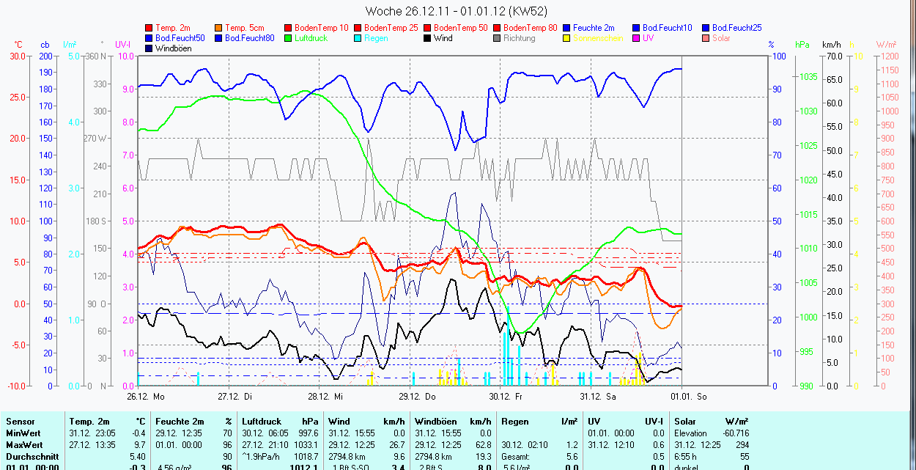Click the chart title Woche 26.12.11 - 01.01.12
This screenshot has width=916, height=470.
tap(456, 11)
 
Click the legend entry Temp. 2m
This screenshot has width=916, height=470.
tap(173, 28)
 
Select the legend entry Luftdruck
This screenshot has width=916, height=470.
tap(310, 38)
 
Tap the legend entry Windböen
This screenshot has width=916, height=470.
tap(173, 48)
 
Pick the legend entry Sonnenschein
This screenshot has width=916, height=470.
tap(598, 38)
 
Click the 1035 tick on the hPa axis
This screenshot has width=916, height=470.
tap(808, 77)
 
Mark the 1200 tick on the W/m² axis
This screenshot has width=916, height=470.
tap(888, 56)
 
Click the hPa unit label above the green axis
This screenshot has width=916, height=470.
tap(802, 45)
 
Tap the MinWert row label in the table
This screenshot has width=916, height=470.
tap(23, 433)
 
